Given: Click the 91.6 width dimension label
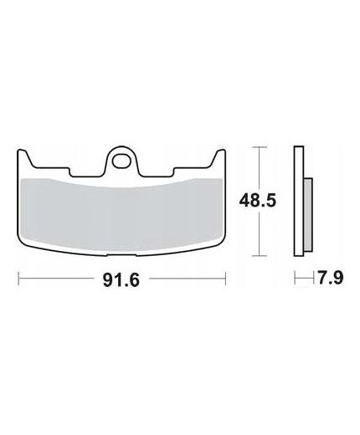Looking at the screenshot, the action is (121, 279).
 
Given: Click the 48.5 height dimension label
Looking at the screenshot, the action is (258, 201).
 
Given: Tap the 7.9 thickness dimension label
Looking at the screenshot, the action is (331, 278).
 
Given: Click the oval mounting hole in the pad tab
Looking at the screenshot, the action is (121, 161).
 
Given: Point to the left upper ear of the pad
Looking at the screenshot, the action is (24, 157).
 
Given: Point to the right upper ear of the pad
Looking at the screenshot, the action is (219, 157).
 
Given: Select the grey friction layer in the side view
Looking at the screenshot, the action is (308, 215).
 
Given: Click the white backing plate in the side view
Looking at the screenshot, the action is (299, 201).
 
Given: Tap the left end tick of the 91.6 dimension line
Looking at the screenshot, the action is (18, 279).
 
